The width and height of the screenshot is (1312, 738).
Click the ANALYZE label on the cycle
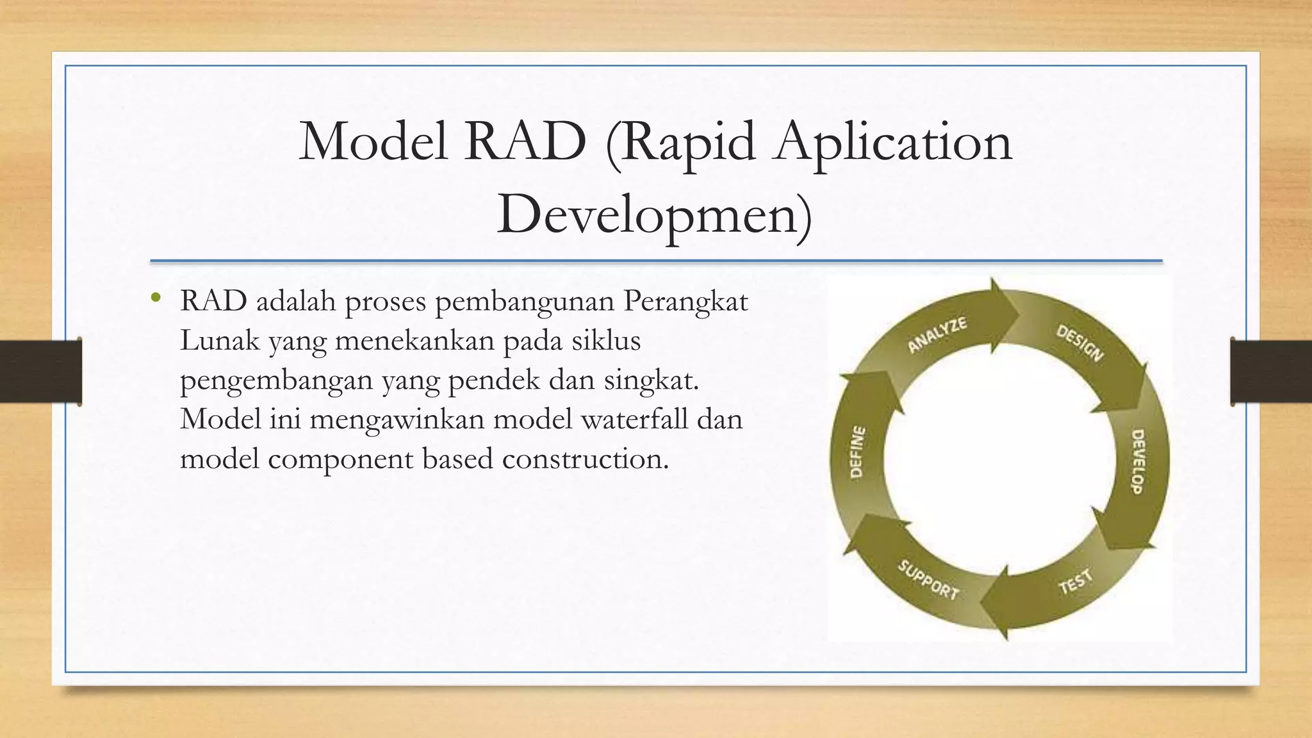click(937, 334)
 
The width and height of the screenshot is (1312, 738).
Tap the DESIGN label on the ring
click(1080, 343)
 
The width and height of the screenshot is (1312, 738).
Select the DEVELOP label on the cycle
click(1137, 461)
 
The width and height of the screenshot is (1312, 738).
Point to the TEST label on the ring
click(1075, 582)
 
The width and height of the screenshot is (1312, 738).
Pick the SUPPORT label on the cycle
click(928, 580)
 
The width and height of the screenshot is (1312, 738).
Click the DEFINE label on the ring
click(857, 452)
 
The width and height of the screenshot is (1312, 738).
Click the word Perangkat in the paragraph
click(685, 302)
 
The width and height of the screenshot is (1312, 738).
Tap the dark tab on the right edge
click(1271, 372)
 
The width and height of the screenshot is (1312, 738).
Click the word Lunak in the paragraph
click(219, 341)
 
